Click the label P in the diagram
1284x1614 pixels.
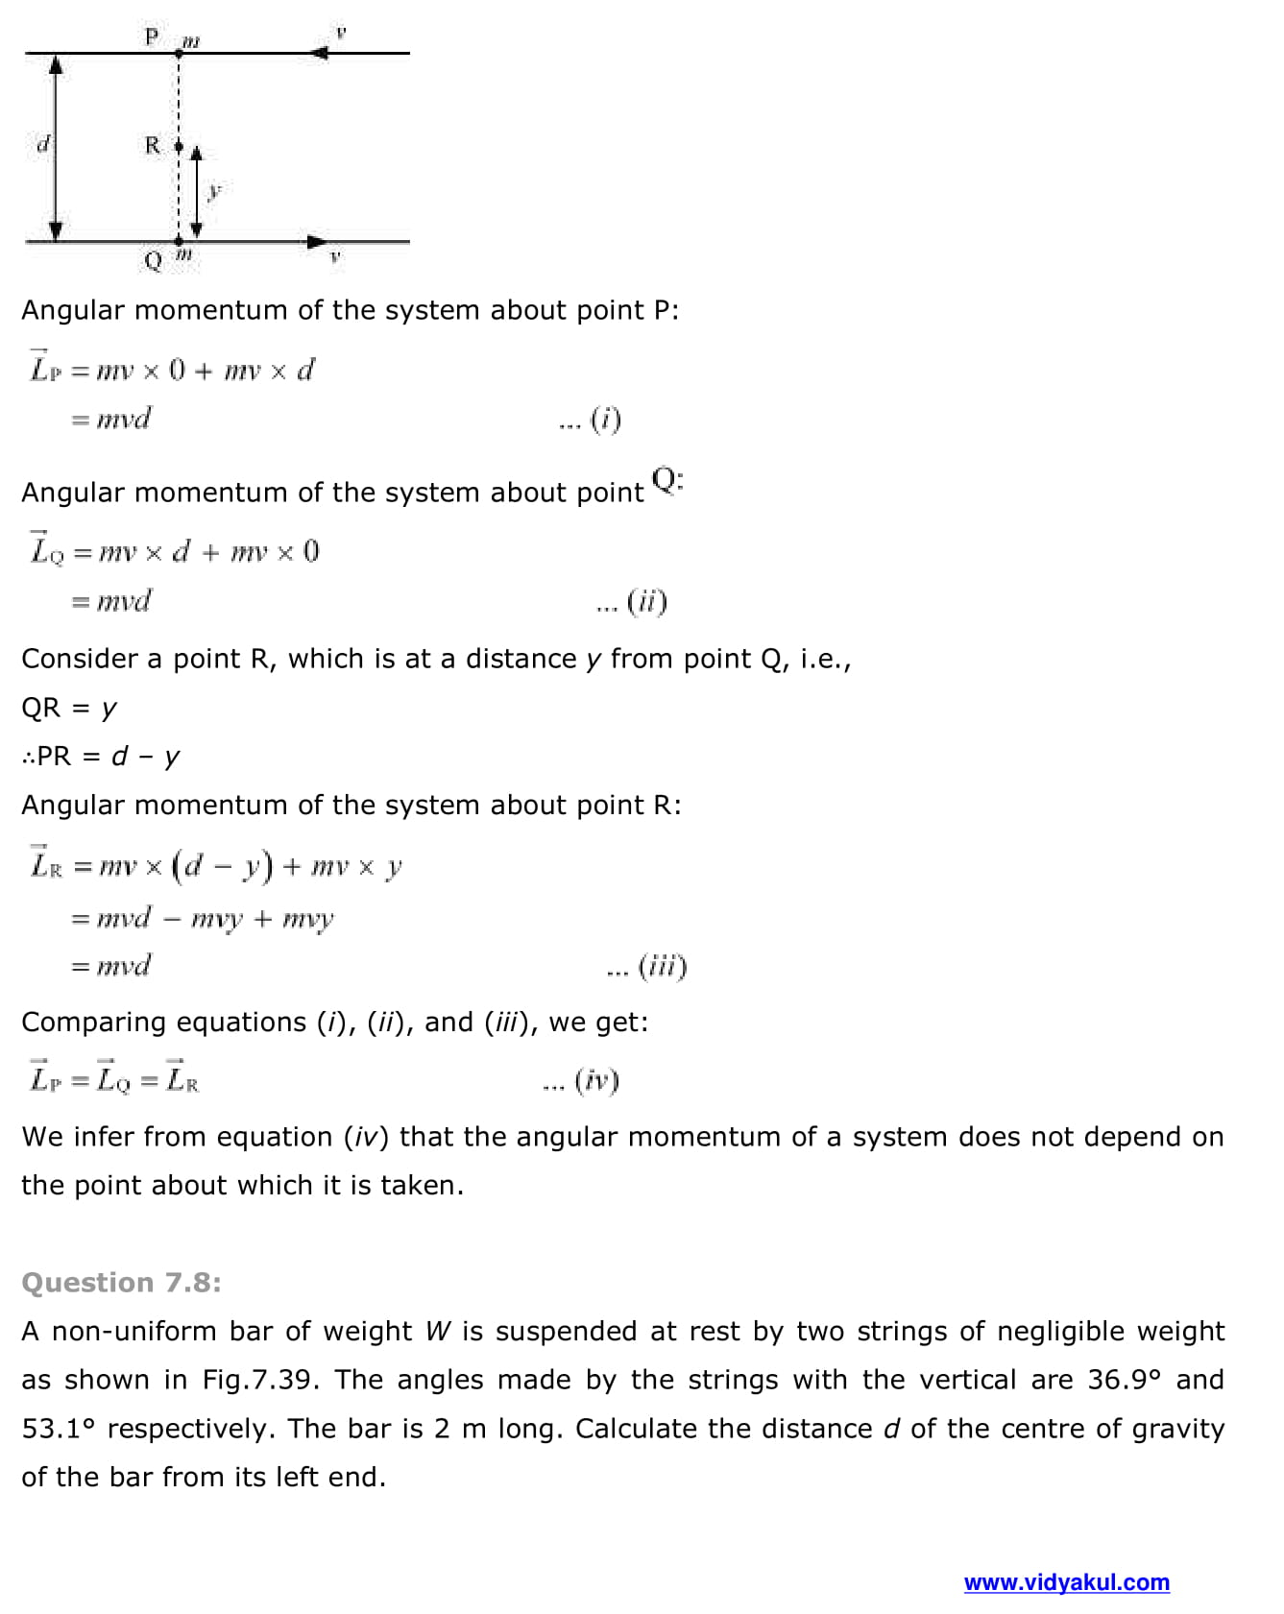click(x=151, y=36)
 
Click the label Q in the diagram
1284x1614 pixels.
click(x=152, y=260)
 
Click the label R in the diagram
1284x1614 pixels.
click(x=153, y=145)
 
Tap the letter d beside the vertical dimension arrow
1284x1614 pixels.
click(x=42, y=145)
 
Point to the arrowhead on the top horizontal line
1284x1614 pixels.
click(x=321, y=53)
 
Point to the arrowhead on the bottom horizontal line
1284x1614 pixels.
click(x=317, y=241)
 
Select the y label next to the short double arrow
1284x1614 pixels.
click(x=215, y=191)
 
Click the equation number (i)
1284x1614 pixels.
click(x=605, y=420)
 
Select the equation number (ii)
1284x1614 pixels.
click(x=646, y=602)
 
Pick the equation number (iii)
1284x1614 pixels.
click(x=663, y=966)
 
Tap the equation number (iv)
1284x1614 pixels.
click(x=596, y=1081)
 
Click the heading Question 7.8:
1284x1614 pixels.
click(x=121, y=1283)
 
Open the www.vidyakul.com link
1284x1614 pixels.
click(x=1066, y=1582)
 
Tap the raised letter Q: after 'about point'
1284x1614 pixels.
click(x=666, y=479)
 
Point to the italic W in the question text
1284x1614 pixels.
click(x=438, y=1332)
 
